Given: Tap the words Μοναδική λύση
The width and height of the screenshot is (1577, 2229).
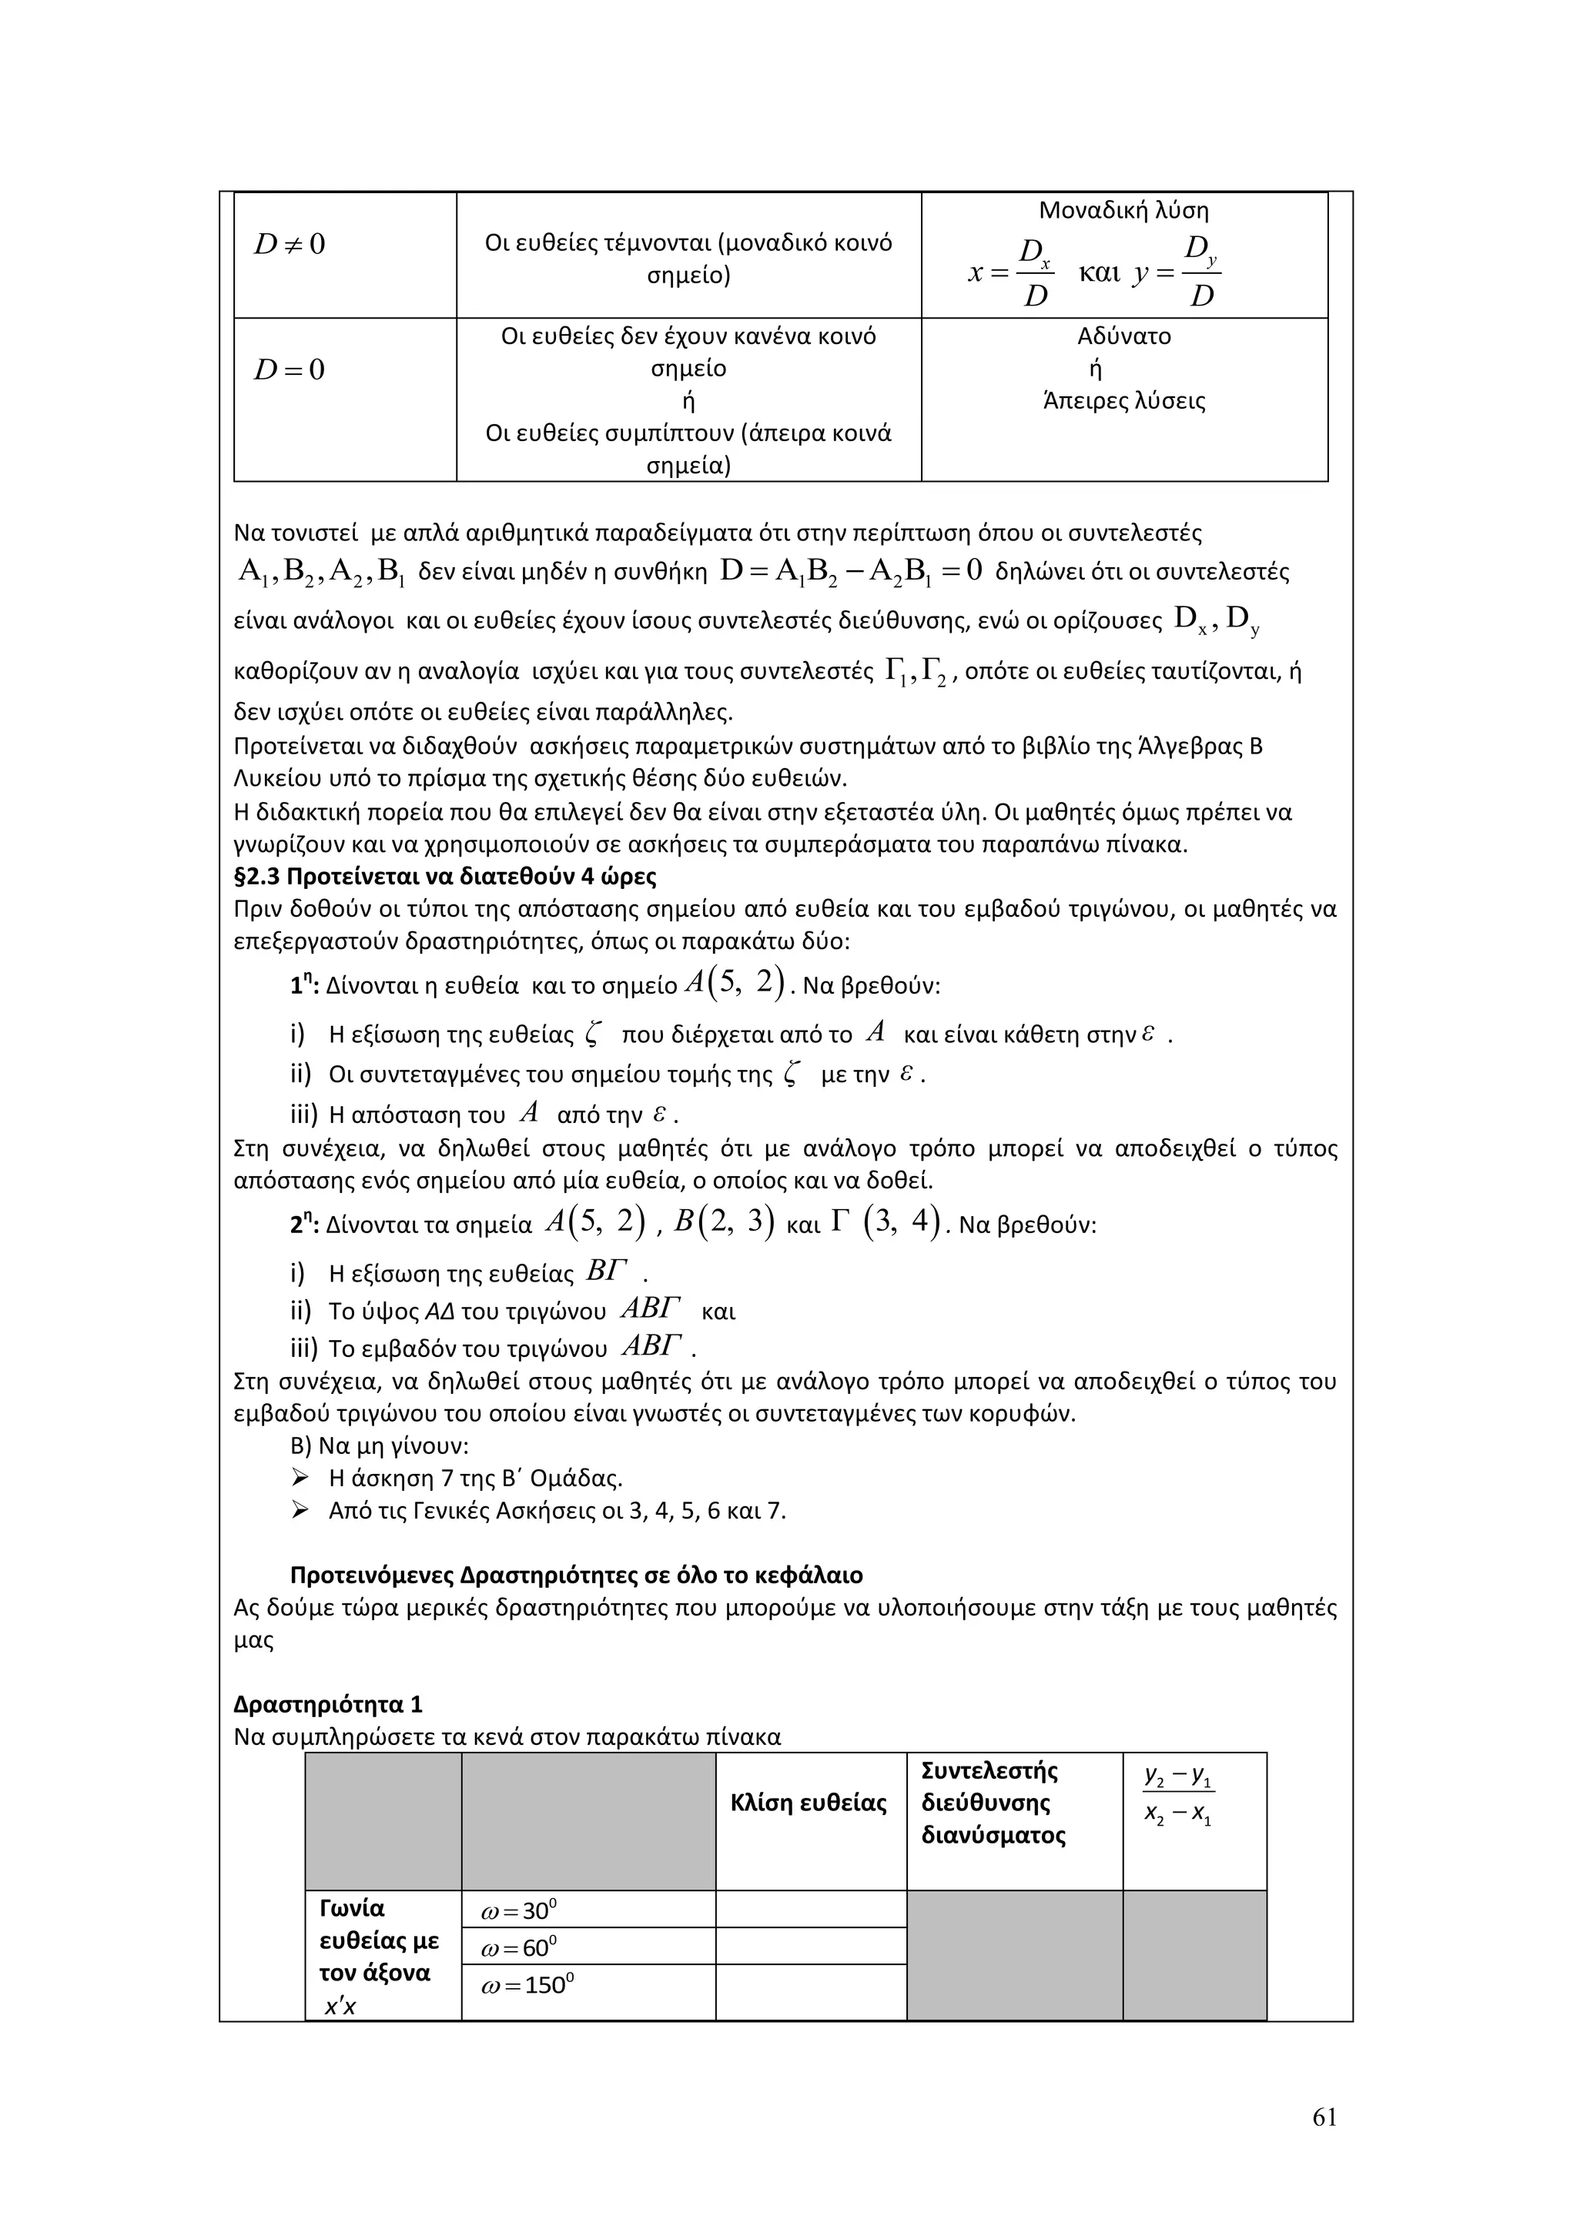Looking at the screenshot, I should click(1123, 211).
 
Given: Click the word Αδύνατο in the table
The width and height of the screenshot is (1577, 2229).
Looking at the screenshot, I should click(1123, 337).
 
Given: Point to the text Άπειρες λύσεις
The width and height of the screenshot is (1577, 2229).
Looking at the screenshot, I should click(1123, 401).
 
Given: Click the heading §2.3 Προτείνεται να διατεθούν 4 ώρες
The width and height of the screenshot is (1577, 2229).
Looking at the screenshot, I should click(445, 877).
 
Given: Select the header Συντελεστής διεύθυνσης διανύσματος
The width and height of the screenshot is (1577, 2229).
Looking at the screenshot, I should click(993, 1803).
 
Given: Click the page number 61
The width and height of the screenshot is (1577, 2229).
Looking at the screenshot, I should click(1324, 2117).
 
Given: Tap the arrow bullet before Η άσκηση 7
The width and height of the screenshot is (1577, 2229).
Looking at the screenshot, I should click(300, 1479).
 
